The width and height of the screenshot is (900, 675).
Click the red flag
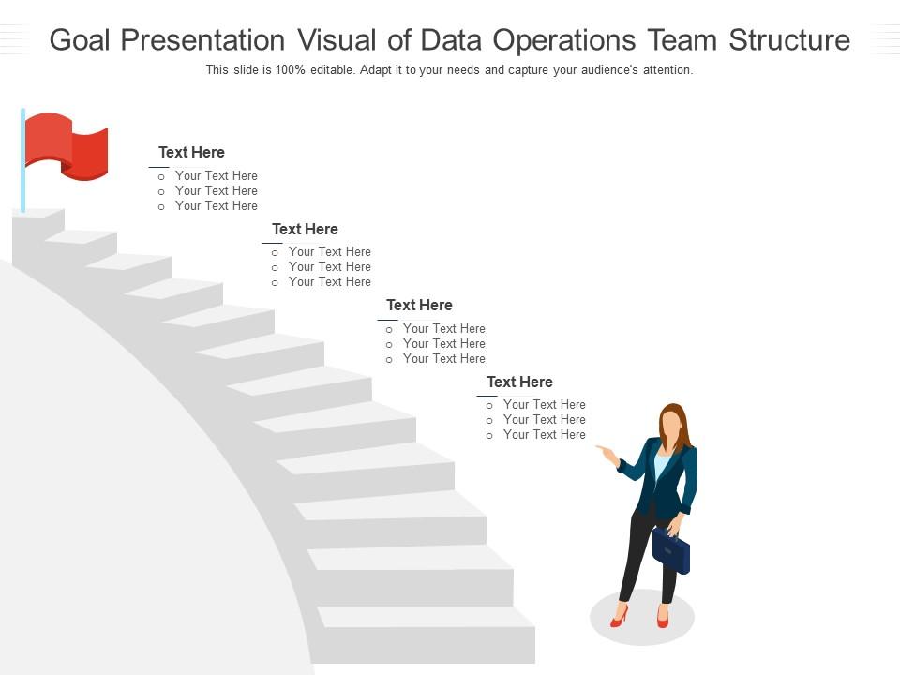click(x=66, y=145)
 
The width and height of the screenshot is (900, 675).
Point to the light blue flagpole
click(x=22, y=159)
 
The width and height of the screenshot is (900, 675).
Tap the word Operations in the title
click(x=567, y=40)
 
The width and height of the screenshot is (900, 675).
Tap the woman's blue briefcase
click(x=671, y=551)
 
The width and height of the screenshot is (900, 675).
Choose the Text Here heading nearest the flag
click(x=191, y=152)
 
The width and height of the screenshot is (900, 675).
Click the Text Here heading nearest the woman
click(x=519, y=382)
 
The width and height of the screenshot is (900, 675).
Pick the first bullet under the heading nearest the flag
click(x=216, y=175)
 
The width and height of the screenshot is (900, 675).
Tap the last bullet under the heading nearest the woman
click(x=544, y=435)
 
